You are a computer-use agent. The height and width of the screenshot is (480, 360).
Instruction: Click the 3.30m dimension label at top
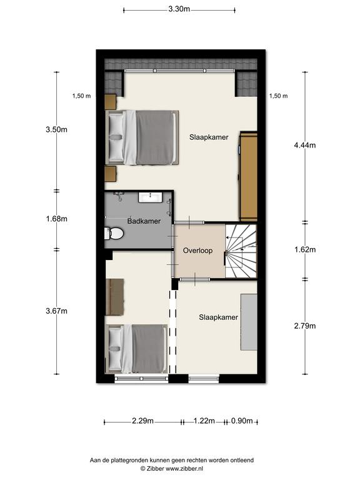179,9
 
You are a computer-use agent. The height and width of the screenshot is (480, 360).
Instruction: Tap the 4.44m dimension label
304,145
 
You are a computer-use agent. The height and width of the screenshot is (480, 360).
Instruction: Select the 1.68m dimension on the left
57,219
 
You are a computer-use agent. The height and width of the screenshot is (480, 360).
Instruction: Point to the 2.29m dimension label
142,421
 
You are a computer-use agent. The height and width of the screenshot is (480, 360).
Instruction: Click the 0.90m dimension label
242,421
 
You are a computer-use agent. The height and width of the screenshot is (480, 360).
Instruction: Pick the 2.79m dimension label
304,326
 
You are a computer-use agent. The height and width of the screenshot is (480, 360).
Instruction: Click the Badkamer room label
144,221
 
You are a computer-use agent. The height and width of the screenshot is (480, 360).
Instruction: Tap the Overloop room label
197,251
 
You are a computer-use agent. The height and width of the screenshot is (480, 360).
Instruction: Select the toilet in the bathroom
114,234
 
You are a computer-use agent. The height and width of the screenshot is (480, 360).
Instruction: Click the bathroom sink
150,197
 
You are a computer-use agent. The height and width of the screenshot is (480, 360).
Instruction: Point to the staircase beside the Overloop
241,251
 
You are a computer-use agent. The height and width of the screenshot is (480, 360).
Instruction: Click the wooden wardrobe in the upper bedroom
248,176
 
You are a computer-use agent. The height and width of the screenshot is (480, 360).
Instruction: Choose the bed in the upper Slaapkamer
142,137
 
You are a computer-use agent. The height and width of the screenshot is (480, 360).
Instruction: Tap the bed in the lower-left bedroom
136,349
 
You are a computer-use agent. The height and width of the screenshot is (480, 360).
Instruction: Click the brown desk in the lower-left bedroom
114,297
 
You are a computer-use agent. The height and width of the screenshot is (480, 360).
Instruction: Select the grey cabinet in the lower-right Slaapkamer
249,322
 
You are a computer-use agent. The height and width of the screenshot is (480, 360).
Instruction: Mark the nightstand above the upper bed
111,102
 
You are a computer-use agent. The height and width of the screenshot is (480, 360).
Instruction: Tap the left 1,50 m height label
81,96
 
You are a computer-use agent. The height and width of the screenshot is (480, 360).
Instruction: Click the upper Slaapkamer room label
209,137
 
